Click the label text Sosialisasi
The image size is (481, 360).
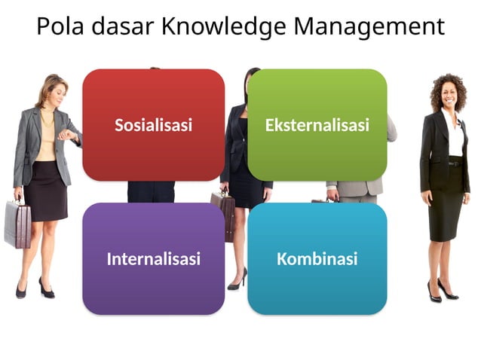[x=153, y=125]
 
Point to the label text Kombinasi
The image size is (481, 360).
[x=317, y=260]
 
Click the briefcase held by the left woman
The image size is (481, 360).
[x=17, y=224]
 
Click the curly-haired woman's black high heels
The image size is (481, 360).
[x=442, y=292]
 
